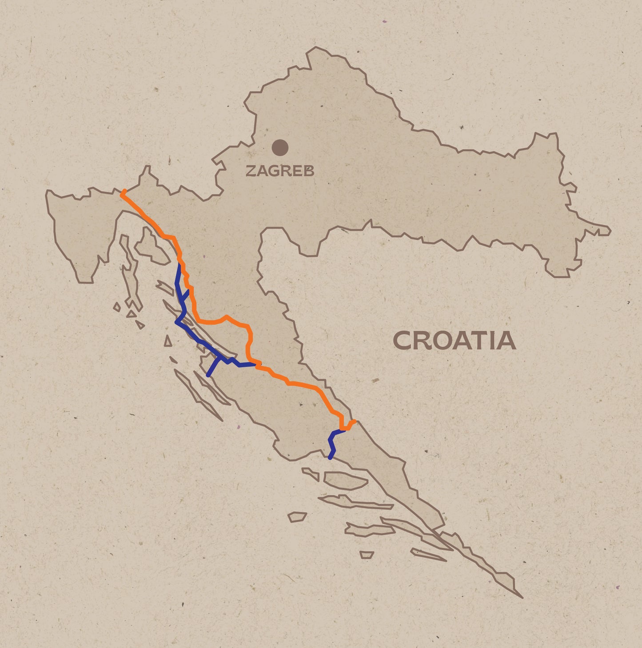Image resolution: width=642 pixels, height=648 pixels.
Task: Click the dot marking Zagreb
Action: point(280,147)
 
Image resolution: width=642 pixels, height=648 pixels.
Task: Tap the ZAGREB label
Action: point(280,171)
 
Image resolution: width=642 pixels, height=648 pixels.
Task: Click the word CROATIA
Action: point(454,341)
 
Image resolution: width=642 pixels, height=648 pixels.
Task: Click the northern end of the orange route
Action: point(124,192)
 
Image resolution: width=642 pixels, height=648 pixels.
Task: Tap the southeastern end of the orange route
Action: point(354,421)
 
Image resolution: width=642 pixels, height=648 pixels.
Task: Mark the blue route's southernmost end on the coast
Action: point(330,458)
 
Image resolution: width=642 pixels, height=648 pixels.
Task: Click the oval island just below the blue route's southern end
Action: point(344,480)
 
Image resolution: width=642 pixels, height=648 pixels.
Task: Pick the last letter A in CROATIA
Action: point(507,341)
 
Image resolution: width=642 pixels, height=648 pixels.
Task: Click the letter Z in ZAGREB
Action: point(251,171)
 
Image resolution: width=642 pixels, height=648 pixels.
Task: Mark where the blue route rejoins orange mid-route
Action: point(255,364)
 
